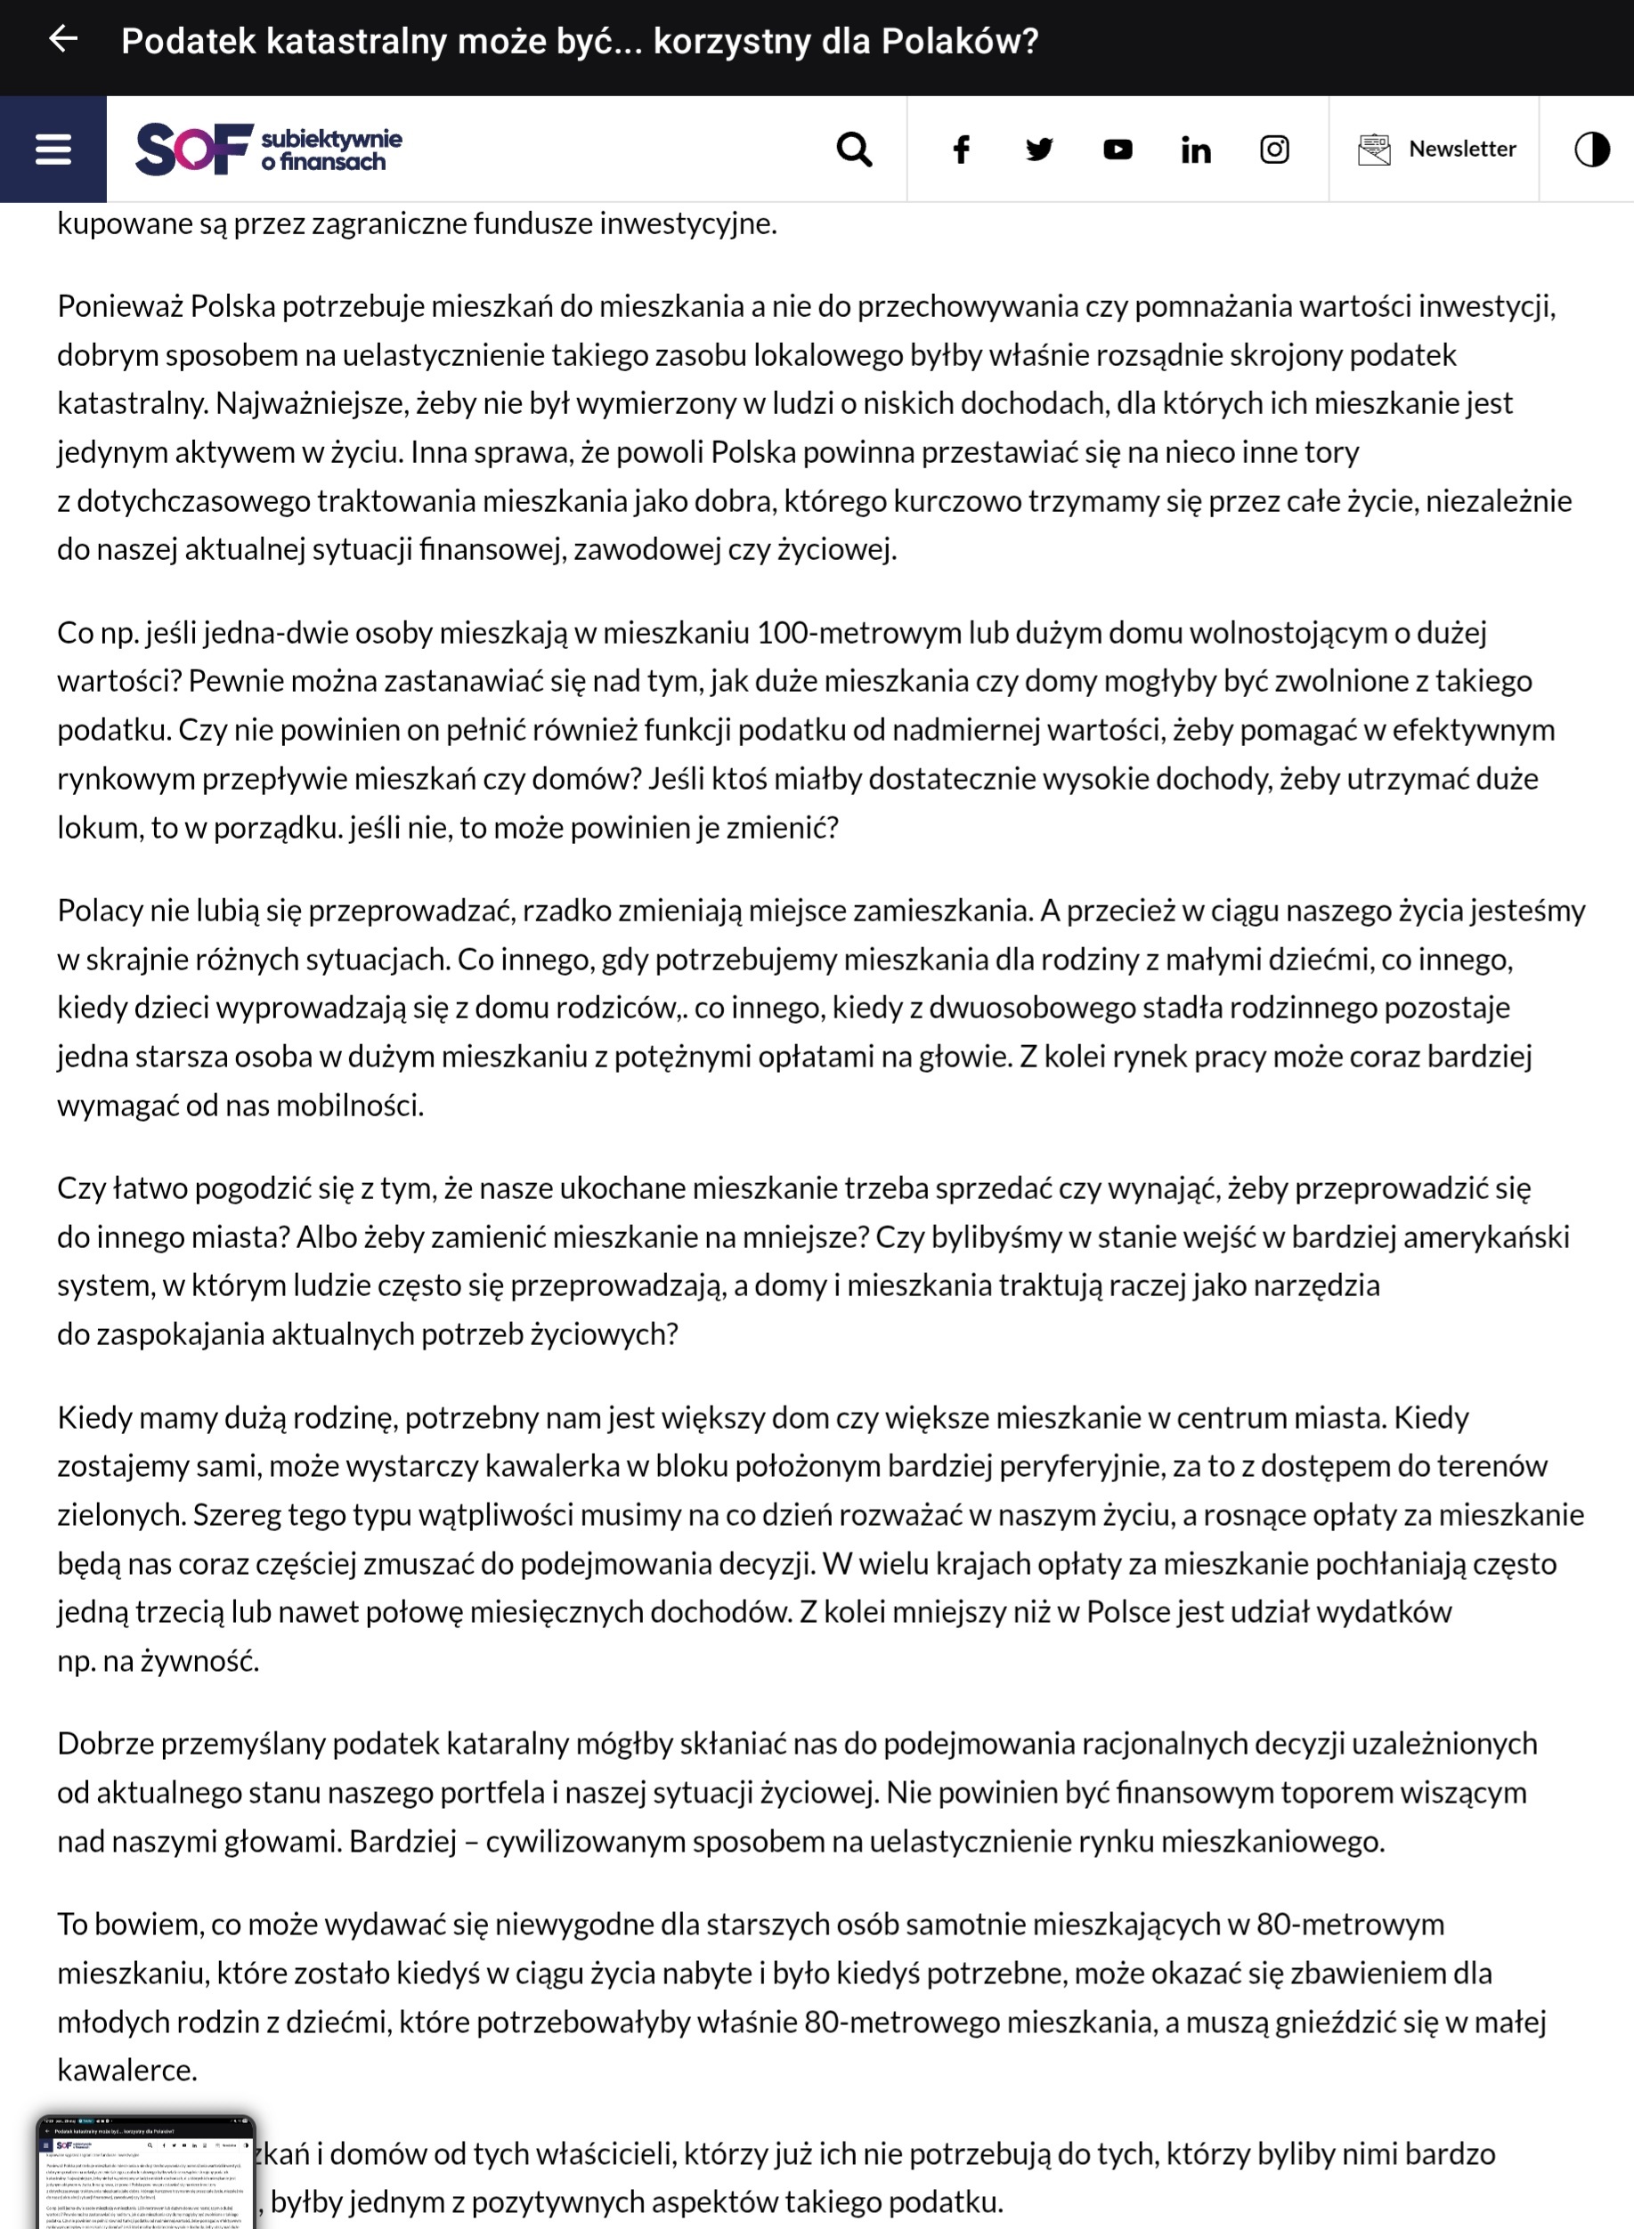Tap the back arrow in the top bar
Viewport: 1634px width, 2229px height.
(63, 39)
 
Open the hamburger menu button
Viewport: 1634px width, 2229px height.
(53, 150)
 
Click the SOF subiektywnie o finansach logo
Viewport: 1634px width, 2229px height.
(268, 150)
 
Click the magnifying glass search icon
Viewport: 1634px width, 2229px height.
(854, 150)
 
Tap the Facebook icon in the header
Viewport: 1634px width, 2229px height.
(961, 150)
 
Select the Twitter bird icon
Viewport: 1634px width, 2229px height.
(1038, 150)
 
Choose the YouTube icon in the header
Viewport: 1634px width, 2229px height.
(1118, 150)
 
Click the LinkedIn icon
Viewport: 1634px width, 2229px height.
(1196, 150)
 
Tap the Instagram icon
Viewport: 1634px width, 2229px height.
(1274, 150)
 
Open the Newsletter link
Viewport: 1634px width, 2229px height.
(1437, 150)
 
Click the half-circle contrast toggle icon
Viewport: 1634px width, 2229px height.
(1591, 150)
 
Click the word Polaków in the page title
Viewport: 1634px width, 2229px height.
(959, 42)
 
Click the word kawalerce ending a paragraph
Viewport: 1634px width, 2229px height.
(126, 2070)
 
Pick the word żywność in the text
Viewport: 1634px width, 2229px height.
(199, 1661)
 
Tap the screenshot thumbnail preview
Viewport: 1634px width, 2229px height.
(145, 2172)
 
